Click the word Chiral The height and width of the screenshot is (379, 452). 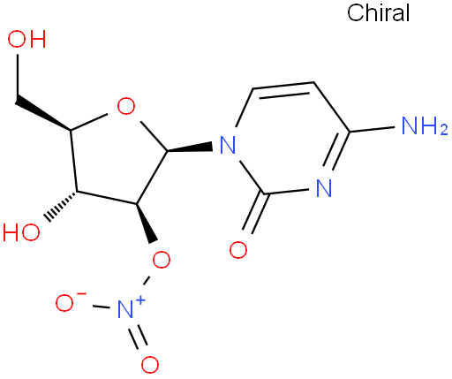click(x=378, y=13)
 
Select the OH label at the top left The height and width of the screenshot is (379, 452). click(x=26, y=39)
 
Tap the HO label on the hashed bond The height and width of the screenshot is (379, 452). click(x=21, y=232)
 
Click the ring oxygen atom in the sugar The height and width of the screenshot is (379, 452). click(x=126, y=106)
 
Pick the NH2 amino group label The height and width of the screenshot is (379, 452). click(x=425, y=126)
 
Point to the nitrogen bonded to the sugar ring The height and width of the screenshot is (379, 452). click(x=228, y=145)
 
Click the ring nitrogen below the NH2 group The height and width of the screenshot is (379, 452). click(x=324, y=188)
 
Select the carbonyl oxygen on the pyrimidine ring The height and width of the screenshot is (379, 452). click(x=238, y=250)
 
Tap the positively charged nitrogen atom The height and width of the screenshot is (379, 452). click(x=125, y=309)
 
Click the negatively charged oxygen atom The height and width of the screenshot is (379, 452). click(x=64, y=303)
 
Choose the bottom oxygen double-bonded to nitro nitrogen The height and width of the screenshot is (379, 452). click(x=150, y=365)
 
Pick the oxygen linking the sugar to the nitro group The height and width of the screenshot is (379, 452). click(x=162, y=260)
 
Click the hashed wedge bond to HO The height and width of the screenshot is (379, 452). click(x=61, y=206)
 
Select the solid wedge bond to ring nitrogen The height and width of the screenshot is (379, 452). click(x=190, y=148)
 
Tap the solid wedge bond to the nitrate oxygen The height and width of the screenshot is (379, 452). click(x=146, y=223)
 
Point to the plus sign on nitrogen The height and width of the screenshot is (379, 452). click(x=141, y=300)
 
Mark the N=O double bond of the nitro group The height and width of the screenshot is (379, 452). click(x=138, y=337)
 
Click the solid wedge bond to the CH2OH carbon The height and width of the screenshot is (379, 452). click(x=43, y=112)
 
